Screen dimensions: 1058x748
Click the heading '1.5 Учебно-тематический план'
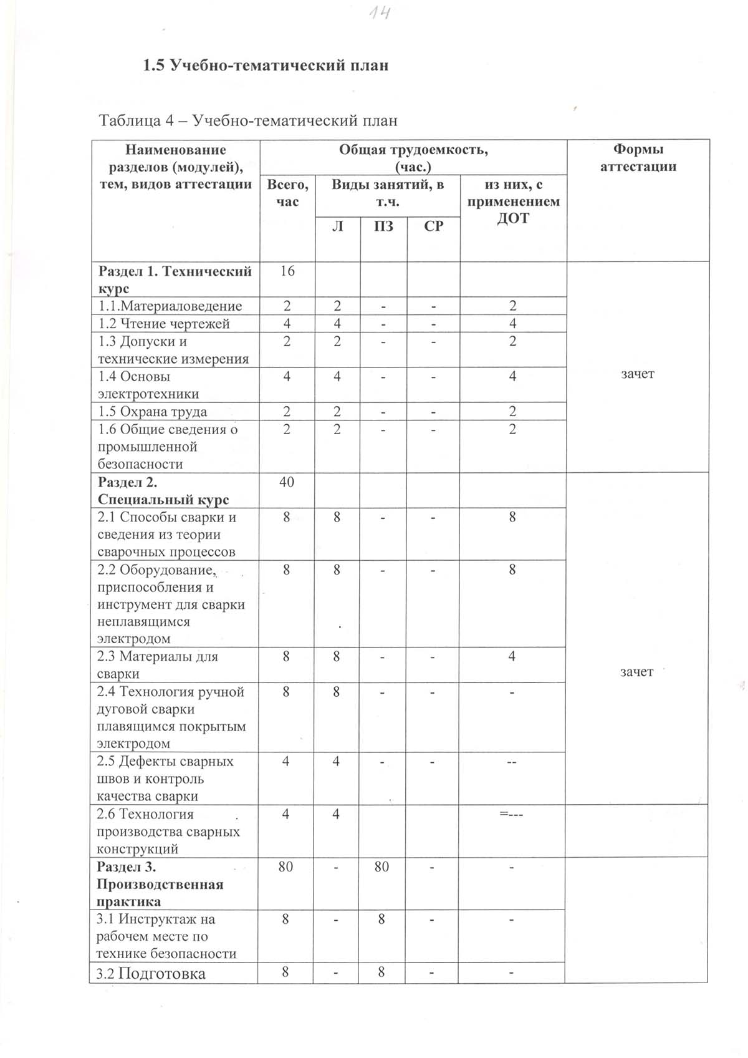pyautogui.click(x=266, y=65)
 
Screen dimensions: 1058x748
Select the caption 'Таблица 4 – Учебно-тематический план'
pyautogui.click(x=248, y=120)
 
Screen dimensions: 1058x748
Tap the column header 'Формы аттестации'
pyautogui.click(x=638, y=158)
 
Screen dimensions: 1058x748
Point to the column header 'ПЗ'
pyautogui.click(x=383, y=226)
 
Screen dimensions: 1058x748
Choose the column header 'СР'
pyautogui.click(x=433, y=226)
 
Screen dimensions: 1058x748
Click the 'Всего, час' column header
pyautogui.click(x=287, y=193)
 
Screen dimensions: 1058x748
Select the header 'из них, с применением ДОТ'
pyautogui.click(x=513, y=201)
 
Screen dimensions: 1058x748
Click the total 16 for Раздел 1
pyautogui.click(x=287, y=271)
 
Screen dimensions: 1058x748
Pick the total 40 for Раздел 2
pyautogui.click(x=287, y=482)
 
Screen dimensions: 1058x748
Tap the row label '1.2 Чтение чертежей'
pyautogui.click(x=164, y=324)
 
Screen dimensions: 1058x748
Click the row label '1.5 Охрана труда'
pyautogui.click(x=153, y=412)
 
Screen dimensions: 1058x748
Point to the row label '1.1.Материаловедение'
pyautogui.click(x=170, y=306)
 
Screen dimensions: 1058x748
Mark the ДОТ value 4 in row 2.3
pyautogui.click(x=512, y=656)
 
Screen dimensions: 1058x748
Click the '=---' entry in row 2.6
pyautogui.click(x=511, y=814)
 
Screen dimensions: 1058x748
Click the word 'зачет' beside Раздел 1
pyautogui.click(x=638, y=374)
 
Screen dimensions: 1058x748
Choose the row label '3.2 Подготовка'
pyautogui.click(x=151, y=974)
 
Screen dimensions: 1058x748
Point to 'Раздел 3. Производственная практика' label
pyautogui.click(x=160, y=884)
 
